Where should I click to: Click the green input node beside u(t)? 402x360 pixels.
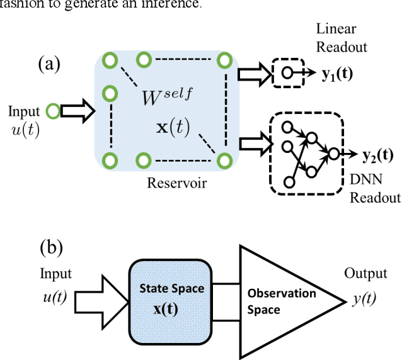(54, 112)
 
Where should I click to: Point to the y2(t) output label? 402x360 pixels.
(377, 154)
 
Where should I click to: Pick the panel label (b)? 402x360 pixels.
(51, 247)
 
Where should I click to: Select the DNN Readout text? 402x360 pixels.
(375, 189)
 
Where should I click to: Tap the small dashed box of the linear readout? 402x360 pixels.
(289, 73)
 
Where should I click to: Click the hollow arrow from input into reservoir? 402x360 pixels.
(78, 112)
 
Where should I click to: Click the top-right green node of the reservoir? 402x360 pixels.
(224, 60)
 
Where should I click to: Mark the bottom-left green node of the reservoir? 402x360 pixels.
(111, 159)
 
